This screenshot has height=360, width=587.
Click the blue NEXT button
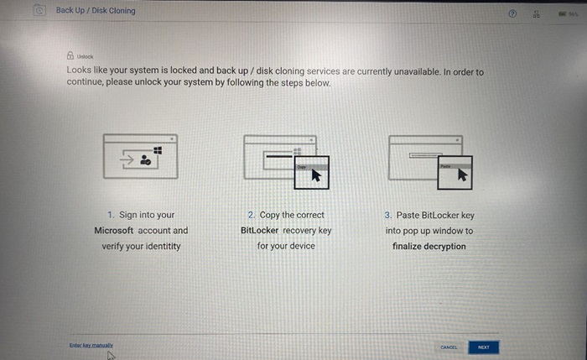483,347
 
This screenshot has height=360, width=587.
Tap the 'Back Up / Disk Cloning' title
95,11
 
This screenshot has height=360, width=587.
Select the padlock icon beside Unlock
70,56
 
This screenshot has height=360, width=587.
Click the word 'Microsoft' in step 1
113,230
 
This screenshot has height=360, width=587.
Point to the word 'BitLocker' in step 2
260,230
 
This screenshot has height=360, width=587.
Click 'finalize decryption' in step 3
429,246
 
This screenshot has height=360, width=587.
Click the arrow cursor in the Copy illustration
315,175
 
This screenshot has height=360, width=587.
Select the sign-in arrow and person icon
136,159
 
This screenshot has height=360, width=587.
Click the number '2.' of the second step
252,215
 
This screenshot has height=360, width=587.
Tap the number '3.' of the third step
388,215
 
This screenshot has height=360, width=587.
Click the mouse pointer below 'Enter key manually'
110,355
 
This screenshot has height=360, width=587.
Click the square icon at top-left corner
39,11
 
